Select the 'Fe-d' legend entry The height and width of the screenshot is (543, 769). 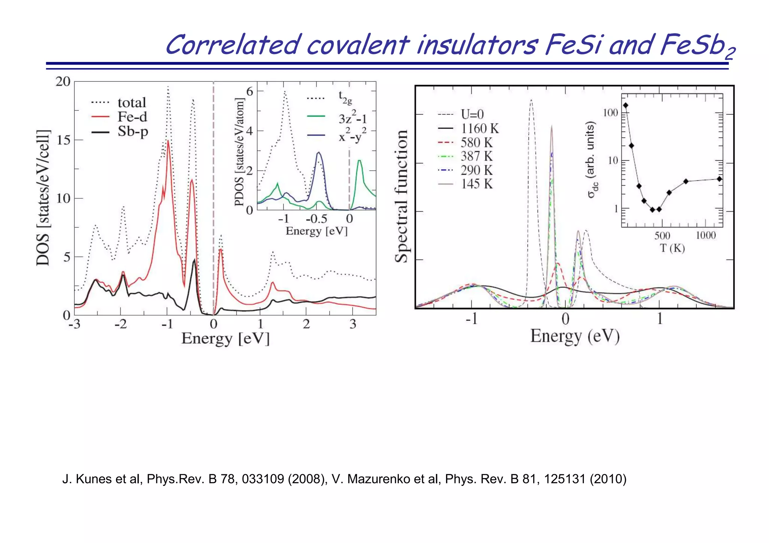(x=132, y=117)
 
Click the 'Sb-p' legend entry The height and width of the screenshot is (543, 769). (x=133, y=131)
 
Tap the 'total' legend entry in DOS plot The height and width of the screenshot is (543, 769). (x=131, y=103)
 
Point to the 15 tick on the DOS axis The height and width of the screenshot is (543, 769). (x=63, y=140)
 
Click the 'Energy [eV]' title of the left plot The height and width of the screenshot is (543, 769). (x=225, y=338)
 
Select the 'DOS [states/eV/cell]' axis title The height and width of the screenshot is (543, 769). (x=43, y=198)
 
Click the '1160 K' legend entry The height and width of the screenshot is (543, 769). (x=479, y=129)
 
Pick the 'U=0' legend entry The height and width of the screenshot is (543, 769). (x=472, y=114)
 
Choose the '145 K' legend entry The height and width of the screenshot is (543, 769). (x=476, y=184)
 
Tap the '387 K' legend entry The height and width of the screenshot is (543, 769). (x=476, y=156)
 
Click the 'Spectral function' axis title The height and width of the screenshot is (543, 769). (x=401, y=196)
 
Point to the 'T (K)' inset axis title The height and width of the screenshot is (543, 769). (x=672, y=248)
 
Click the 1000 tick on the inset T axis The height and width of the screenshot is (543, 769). (x=706, y=236)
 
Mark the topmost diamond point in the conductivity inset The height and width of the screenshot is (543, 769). (x=626, y=105)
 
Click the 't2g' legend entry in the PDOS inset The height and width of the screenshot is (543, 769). (x=345, y=98)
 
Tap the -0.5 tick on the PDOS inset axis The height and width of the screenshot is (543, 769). (x=316, y=219)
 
